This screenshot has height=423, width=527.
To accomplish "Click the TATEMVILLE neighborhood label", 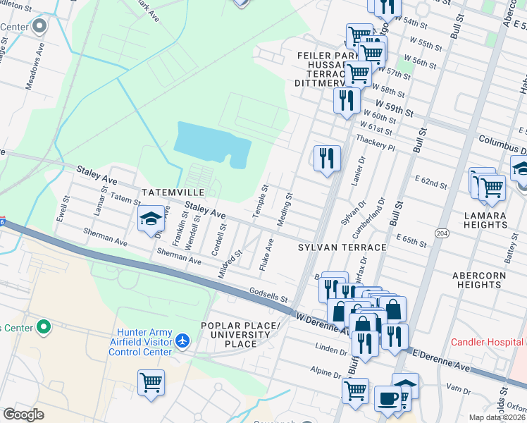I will [172, 192].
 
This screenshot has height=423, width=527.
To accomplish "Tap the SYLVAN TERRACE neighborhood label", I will [342, 247].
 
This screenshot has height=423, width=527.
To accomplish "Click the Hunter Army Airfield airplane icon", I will [183, 341].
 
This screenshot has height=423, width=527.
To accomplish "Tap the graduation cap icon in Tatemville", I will [151, 219].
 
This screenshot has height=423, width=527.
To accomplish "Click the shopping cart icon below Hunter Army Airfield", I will [151, 383].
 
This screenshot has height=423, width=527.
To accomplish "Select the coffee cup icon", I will [387, 398].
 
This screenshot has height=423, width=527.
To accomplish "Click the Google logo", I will [23, 414].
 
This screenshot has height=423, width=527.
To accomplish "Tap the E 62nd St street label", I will [430, 183].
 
